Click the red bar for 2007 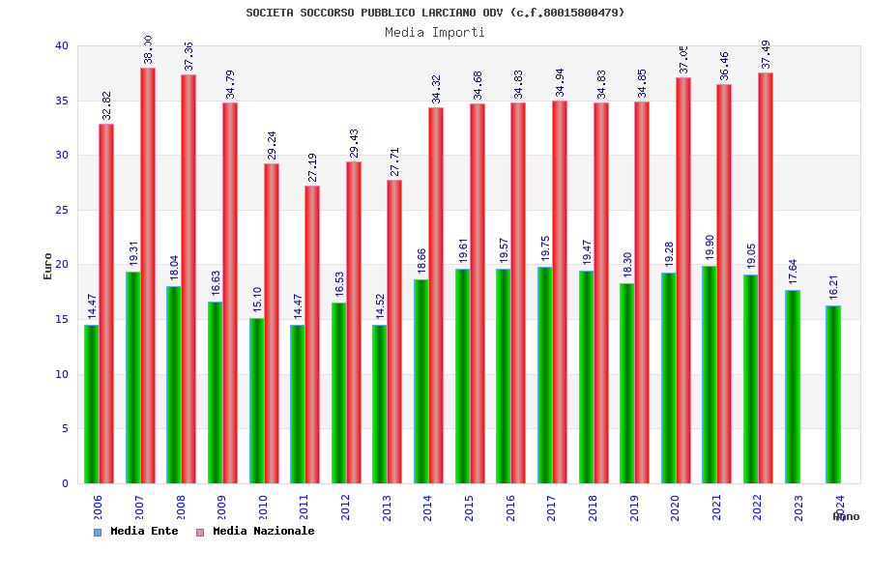(148, 275)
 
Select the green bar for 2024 (833, 394)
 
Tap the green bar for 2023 (793, 387)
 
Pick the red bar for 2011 (312, 334)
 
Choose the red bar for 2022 (766, 277)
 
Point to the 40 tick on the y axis (62, 46)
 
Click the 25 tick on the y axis (62, 210)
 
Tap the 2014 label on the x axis (428, 508)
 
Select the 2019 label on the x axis (634, 508)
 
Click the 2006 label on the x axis (98, 508)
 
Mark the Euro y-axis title (48, 266)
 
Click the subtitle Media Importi (435, 32)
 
